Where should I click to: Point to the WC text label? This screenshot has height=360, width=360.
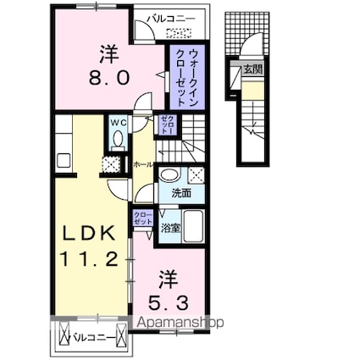[117, 122]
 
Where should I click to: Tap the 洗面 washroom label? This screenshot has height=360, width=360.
[181, 194]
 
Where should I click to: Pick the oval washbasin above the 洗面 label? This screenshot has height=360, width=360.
[169, 176]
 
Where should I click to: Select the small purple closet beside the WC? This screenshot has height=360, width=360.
[166, 125]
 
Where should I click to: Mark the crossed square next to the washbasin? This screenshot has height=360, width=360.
[197, 175]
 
